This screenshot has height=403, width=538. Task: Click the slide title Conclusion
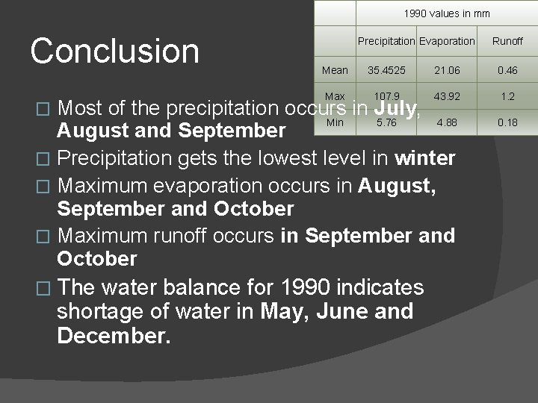[x=115, y=51]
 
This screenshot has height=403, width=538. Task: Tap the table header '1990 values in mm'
[x=446, y=13]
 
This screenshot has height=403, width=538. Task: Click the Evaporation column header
[x=446, y=41]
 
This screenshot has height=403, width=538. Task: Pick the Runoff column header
[x=507, y=42]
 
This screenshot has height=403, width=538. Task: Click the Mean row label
[x=335, y=70]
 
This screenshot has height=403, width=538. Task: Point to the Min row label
[x=335, y=122]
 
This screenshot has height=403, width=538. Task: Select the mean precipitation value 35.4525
[x=386, y=70]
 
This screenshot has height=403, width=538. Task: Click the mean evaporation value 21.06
[x=447, y=70]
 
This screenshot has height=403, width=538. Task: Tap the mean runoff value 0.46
[x=507, y=70]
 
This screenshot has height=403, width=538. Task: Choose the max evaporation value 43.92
[x=447, y=96]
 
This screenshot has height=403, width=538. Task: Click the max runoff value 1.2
[x=507, y=96]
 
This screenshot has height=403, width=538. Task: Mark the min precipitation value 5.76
[x=386, y=122]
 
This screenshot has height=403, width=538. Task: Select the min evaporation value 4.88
[x=447, y=122]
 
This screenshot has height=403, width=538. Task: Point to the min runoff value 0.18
[x=507, y=122]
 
